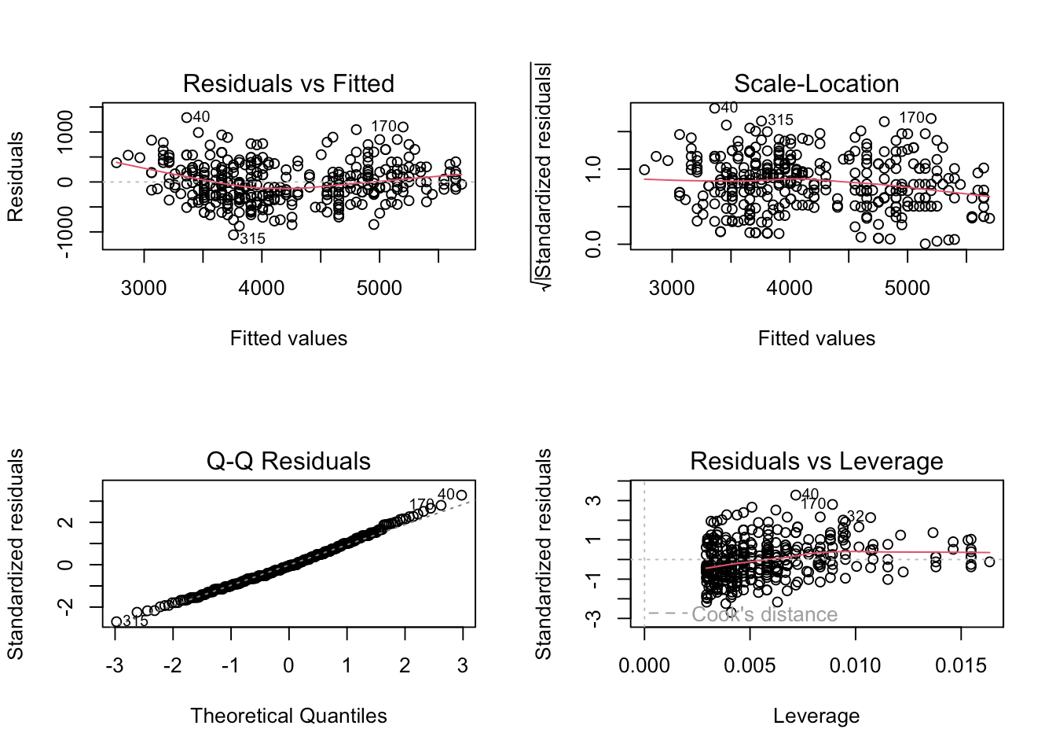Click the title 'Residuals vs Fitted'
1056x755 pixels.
click(288, 83)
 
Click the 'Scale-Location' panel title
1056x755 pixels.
click(816, 83)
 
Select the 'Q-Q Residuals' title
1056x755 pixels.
click(288, 461)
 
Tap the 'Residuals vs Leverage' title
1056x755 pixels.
click(816, 461)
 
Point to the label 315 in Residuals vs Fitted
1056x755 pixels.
click(253, 239)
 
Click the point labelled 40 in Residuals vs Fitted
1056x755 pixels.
click(187, 118)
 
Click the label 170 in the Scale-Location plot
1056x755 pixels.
click(911, 118)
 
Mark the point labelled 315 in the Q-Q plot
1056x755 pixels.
click(116, 621)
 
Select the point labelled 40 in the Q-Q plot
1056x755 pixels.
click(461, 495)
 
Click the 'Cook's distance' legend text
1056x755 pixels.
click(764, 614)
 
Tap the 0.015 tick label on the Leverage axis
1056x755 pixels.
click(960, 666)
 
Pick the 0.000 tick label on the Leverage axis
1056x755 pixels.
click(644, 666)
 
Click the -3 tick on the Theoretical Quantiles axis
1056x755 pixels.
click(115, 666)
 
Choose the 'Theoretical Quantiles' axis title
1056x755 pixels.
click(288, 716)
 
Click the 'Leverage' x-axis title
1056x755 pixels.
click(816, 716)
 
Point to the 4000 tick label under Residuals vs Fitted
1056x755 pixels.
click(262, 289)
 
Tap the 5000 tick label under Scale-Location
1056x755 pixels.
click(907, 289)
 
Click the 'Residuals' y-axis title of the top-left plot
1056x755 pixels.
click(16, 177)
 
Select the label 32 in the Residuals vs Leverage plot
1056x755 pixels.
click(856, 516)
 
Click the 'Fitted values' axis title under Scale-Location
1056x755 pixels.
click(816, 338)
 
